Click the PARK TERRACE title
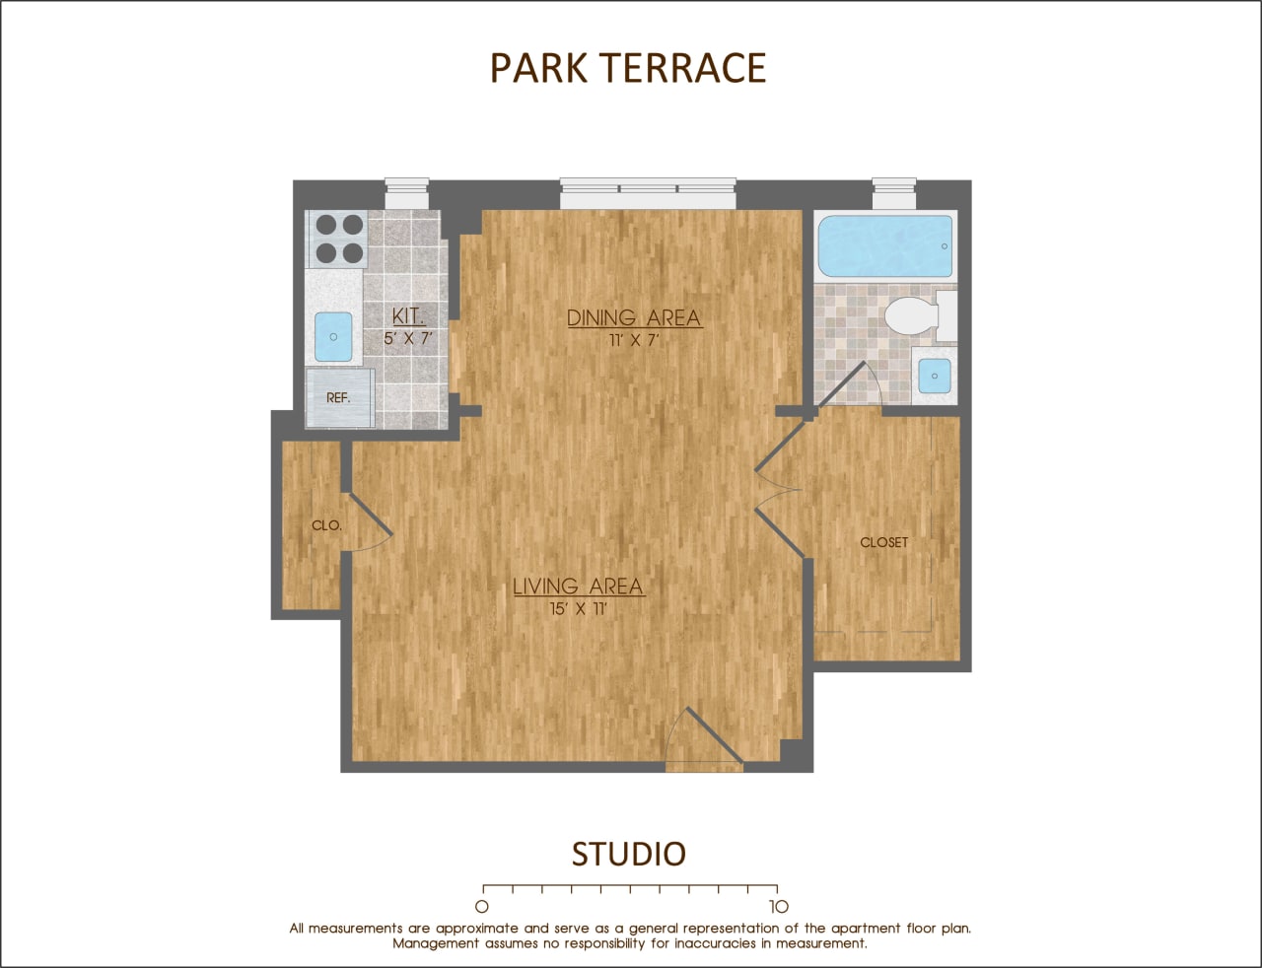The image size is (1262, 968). [628, 68]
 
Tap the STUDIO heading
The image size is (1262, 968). [628, 854]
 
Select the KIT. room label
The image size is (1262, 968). [408, 316]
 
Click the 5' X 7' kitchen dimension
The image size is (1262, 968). [408, 338]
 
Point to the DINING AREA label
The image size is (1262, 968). [634, 317]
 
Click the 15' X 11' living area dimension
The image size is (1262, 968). [578, 608]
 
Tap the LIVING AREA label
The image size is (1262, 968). [578, 587]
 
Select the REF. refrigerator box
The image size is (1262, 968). [339, 398]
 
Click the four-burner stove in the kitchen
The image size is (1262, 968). [339, 239]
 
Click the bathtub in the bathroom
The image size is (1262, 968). [884, 246]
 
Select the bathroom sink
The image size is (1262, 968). [934, 376]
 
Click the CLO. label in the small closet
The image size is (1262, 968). [326, 525]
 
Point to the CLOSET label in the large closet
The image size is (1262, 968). [883, 542]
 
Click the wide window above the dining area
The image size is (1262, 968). [648, 193]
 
